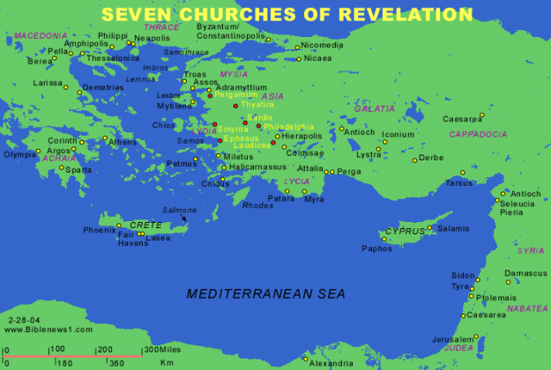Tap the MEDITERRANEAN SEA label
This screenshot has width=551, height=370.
pos(265,293)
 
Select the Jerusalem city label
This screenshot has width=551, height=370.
pos(452,339)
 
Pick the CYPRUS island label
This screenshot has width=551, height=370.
pos(405,232)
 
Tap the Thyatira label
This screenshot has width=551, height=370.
pos(257,105)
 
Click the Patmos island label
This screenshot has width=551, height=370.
pos(182,163)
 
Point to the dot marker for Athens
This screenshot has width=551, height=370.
pos(106,137)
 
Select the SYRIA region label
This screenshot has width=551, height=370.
pos(531,251)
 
